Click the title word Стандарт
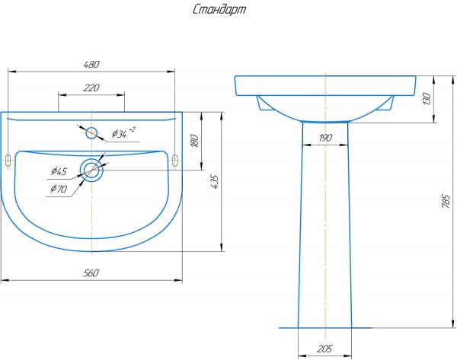coord(219,10)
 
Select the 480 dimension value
coord(91,65)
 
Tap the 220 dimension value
coord(91,88)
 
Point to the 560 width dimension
coord(91,273)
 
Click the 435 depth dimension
coord(214,182)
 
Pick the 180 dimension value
coord(195,140)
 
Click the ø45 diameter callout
coord(59,171)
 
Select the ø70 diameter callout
coord(59,189)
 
